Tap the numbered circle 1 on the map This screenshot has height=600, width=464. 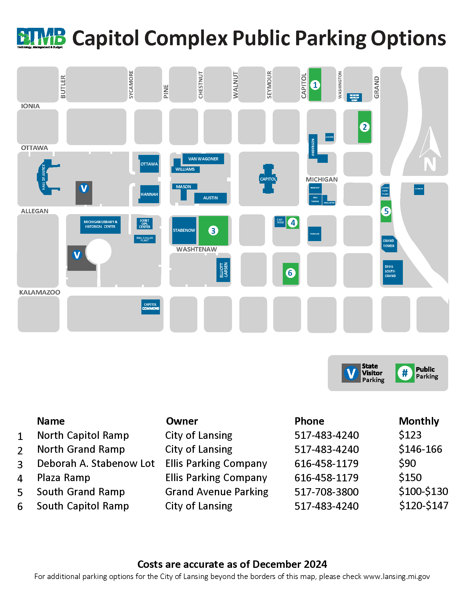(315, 85)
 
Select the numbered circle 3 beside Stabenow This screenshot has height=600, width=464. (213, 231)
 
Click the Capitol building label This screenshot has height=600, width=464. (268, 179)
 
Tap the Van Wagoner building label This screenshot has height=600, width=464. (203, 159)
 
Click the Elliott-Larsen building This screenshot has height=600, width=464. (223, 270)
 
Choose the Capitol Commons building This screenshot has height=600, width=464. (150, 307)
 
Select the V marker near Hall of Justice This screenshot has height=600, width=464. (84, 188)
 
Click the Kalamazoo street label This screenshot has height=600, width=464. (40, 292)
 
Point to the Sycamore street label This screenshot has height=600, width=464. (131, 85)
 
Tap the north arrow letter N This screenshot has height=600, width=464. (430, 164)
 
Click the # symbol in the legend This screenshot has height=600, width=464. (404, 373)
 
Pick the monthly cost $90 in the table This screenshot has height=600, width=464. (408, 463)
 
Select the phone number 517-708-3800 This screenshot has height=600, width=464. (326, 492)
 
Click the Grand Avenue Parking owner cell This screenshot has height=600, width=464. (217, 492)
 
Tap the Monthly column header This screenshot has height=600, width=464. (419, 421)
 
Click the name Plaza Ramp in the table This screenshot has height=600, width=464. (64, 478)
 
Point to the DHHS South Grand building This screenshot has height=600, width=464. (392, 272)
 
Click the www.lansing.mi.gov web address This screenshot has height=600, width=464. (396, 576)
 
